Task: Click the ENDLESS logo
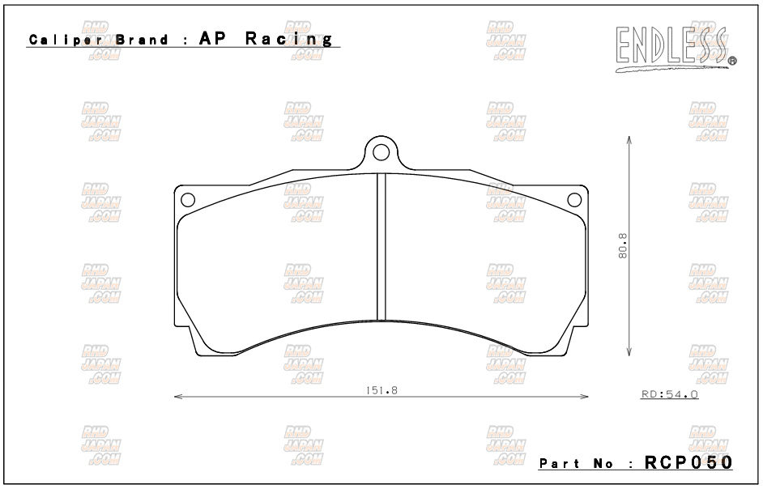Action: (x=671, y=47)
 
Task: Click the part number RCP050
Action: (x=688, y=462)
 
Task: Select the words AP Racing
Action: (x=266, y=39)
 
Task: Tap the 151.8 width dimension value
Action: (x=381, y=389)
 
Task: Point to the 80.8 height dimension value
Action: (x=622, y=246)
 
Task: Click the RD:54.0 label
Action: (x=669, y=394)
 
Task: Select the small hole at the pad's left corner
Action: (x=187, y=199)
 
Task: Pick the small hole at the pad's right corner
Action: (x=574, y=199)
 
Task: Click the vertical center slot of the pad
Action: (x=381, y=247)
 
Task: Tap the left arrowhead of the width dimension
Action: (x=178, y=397)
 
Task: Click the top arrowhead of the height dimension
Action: (x=629, y=138)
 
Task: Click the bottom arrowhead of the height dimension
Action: (x=629, y=353)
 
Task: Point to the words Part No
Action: (x=576, y=464)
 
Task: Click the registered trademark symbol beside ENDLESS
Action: (x=732, y=61)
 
